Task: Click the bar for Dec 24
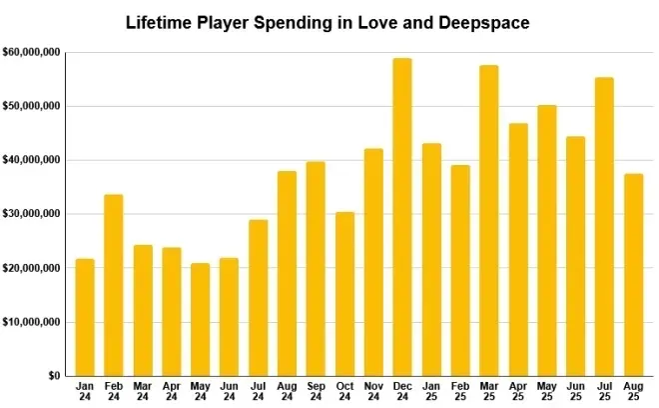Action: pyautogui.click(x=402, y=217)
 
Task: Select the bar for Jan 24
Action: pyautogui.click(x=85, y=317)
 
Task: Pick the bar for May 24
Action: pyautogui.click(x=200, y=319)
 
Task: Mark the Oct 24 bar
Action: pyautogui.click(x=344, y=294)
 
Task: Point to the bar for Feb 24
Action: pyautogui.click(x=114, y=285)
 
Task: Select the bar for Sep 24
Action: pyautogui.click(x=316, y=268)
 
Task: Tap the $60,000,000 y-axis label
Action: pyautogui.click(x=31, y=51)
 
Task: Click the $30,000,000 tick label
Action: pyautogui.click(x=31, y=214)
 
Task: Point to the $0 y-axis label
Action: pyautogui.click(x=53, y=376)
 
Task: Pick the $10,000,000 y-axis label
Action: pyautogui.click(x=31, y=322)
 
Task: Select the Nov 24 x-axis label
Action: pyautogui.click(x=373, y=391)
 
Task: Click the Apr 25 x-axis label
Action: pyautogui.click(x=518, y=391)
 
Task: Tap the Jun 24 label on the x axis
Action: pyautogui.click(x=229, y=391)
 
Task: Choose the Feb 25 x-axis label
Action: pyautogui.click(x=460, y=391)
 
